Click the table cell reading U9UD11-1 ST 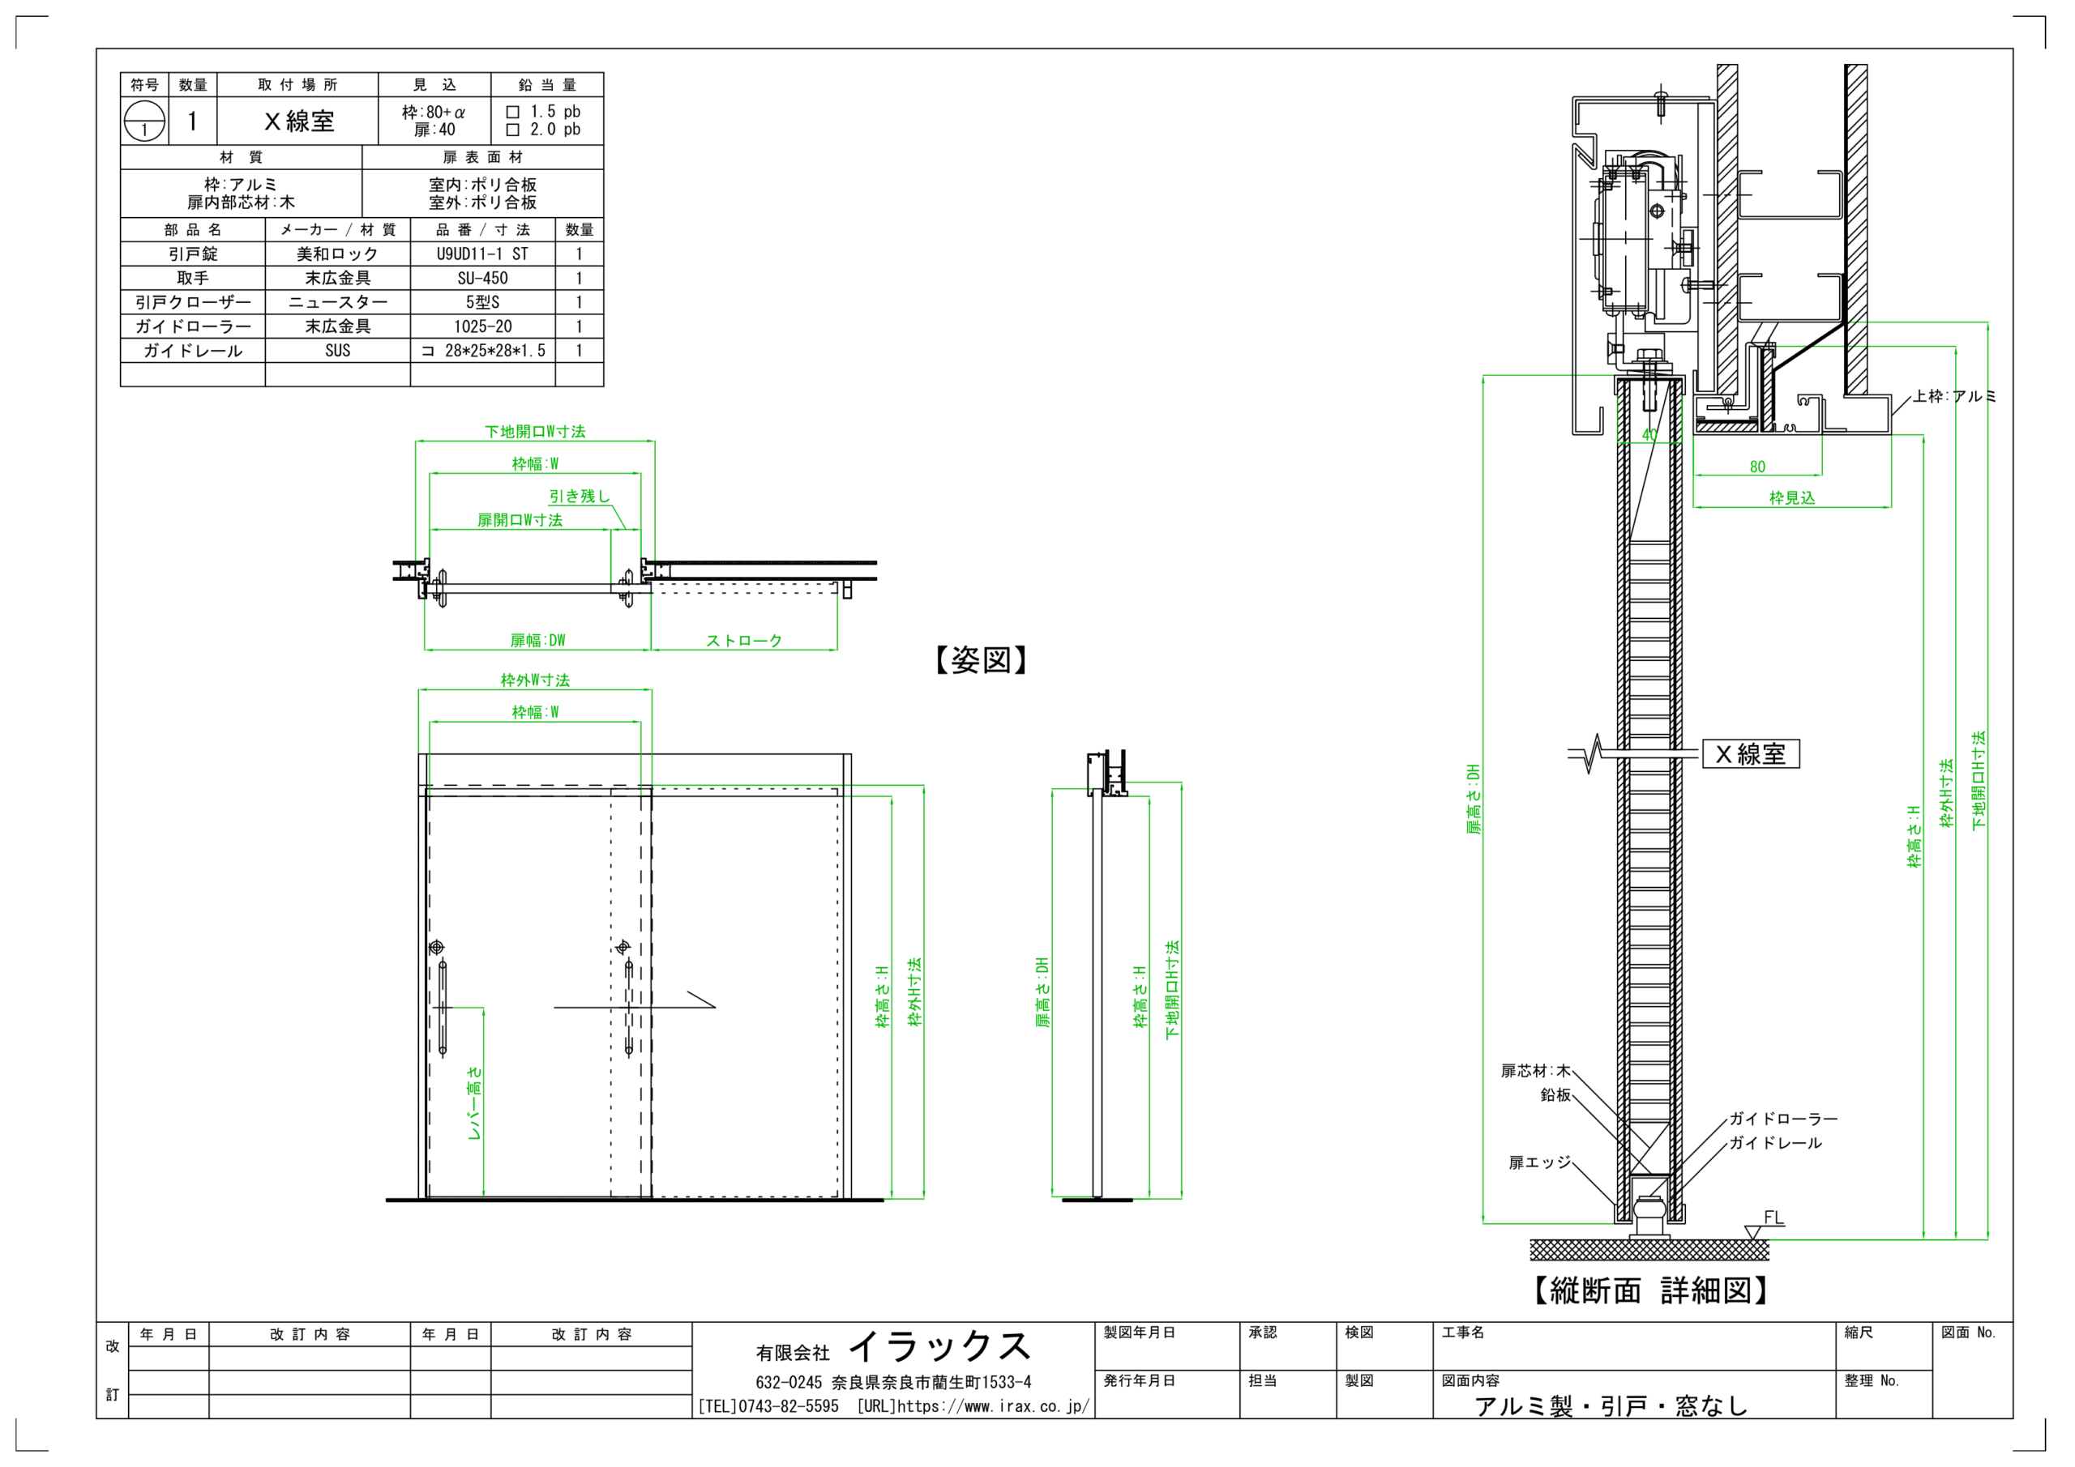coord(481,254)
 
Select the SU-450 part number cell coord(481,278)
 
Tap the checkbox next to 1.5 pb coord(513,112)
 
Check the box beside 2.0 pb coord(513,130)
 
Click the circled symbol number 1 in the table coord(144,121)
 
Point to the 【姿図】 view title coord(982,660)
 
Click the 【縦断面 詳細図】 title coord(1650,1290)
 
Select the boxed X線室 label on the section coord(1751,753)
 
